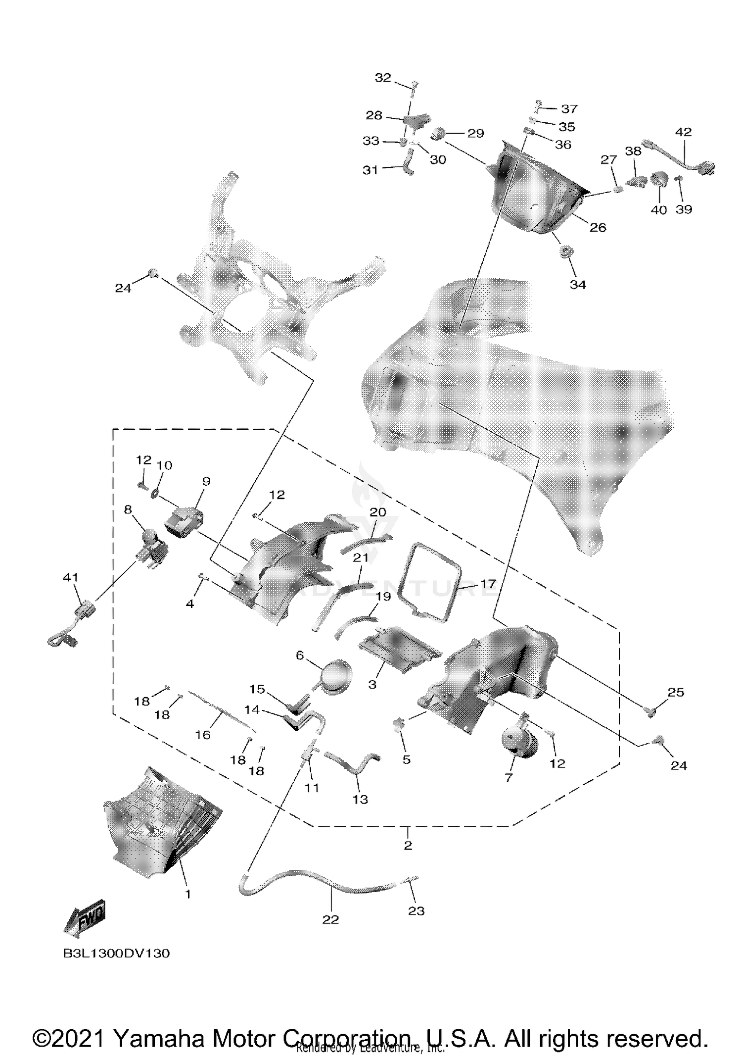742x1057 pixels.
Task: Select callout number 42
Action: coord(683,132)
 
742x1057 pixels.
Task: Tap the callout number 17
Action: coord(488,584)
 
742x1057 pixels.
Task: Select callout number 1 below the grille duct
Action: coord(187,894)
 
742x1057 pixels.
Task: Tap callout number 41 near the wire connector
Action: coord(70,577)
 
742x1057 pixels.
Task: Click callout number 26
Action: coord(598,227)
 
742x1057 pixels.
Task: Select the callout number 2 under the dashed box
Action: coord(408,845)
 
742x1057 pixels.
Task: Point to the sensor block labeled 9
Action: coord(184,521)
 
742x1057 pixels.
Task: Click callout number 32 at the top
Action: coord(383,78)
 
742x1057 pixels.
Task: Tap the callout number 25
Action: coord(676,692)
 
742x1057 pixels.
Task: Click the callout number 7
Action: coord(509,778)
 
